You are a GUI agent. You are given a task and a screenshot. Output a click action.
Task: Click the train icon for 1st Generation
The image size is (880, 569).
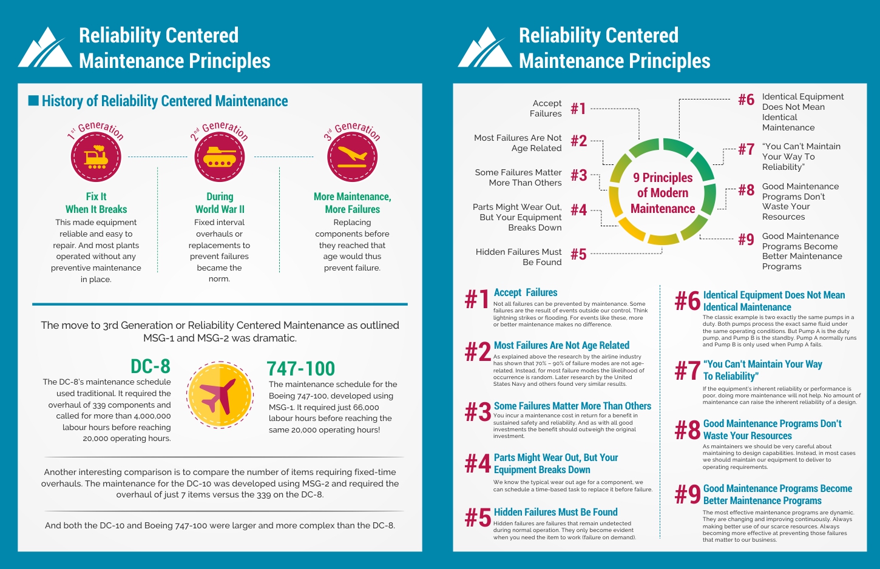click(96, 157)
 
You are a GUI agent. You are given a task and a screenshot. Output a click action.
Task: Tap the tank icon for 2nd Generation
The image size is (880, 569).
click(219, 157)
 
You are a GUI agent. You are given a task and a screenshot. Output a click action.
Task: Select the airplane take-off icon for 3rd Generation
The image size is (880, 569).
click(352, 157)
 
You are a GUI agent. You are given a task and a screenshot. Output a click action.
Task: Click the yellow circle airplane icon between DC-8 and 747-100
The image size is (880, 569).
click(218, 395)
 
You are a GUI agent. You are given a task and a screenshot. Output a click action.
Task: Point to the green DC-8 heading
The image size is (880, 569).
click(151, 366)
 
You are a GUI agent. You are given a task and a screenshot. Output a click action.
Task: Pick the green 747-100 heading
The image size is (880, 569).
click(300, 369)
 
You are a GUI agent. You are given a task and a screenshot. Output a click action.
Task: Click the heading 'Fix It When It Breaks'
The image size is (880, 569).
click(96, 203)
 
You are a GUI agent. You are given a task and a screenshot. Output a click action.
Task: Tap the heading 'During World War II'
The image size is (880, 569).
click(220, 203)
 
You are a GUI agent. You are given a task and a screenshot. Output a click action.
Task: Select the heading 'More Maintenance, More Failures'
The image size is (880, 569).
click(352, 203)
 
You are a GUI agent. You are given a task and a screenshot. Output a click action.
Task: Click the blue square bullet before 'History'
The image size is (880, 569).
click(34, 101)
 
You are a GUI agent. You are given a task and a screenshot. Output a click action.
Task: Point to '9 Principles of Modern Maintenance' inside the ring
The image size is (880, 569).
click(663, 193)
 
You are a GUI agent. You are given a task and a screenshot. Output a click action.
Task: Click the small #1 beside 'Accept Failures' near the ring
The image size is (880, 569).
click(578, 109)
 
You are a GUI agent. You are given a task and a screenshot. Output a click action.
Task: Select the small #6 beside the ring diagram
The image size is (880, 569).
click(746, 99)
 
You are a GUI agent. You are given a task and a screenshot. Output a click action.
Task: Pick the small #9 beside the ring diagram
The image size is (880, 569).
click(746, 240)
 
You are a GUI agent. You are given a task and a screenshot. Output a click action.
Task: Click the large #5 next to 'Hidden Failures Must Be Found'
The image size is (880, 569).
click(478, 518)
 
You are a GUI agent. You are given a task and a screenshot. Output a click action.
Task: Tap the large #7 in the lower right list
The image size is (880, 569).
click(688, 371)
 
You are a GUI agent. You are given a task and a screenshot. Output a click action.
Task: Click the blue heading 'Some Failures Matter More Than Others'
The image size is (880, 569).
click(572, 406)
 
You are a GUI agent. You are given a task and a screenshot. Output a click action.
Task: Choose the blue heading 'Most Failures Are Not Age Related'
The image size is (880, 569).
click(561, 345)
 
